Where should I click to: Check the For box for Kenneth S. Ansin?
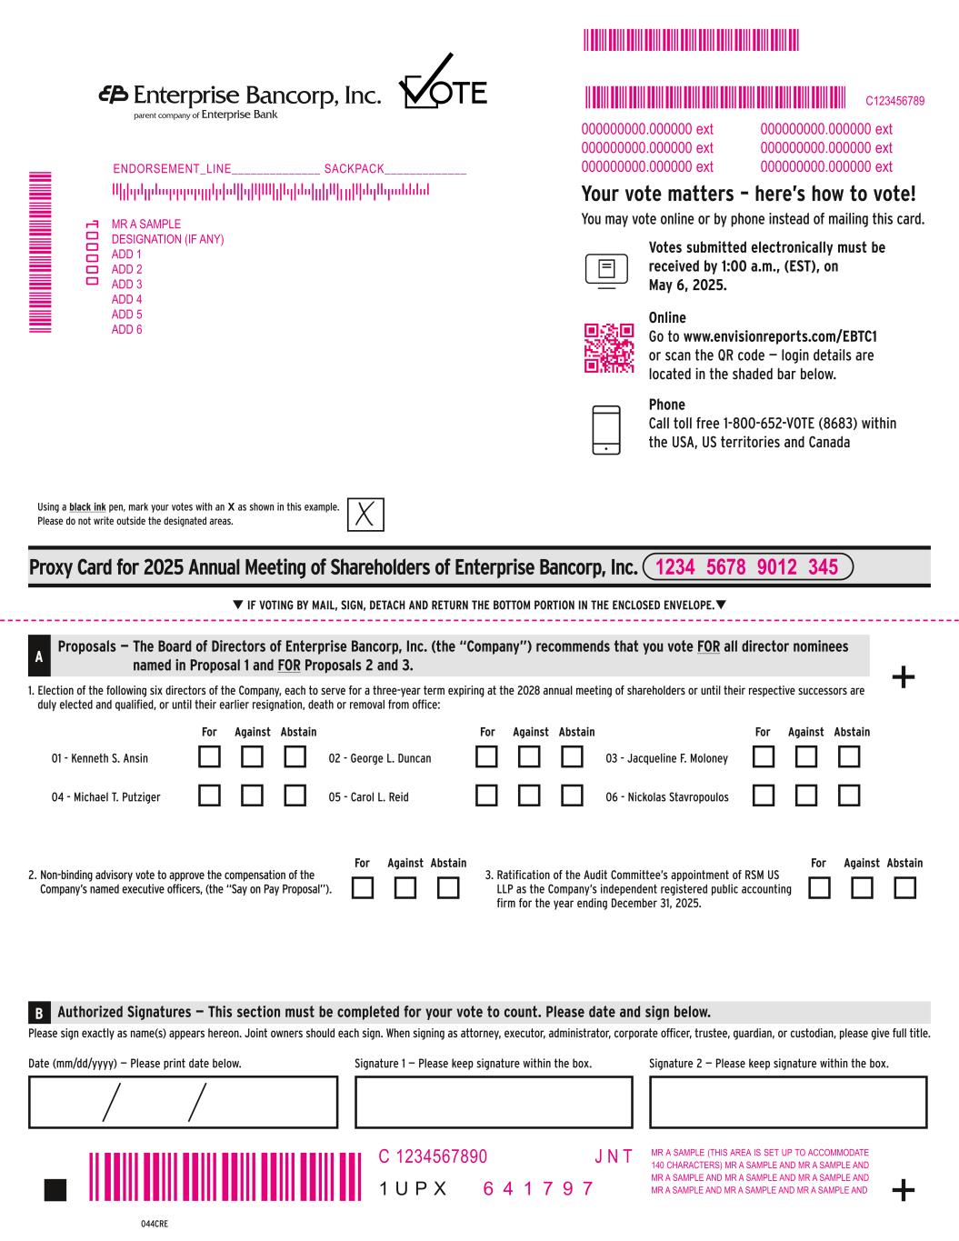[210, 756]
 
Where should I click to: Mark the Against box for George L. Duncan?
[530, 756]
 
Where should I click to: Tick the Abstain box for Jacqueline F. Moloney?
[848, 756]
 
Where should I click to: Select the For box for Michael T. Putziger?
[210, 796]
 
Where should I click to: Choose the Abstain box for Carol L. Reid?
[572, 796]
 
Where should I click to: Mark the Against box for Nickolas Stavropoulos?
[805, 796]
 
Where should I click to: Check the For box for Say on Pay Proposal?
[363, 887]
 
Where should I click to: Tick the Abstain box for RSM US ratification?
[904, 887]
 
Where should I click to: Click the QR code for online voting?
[608, 348]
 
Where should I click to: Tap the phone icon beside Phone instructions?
[606, 430]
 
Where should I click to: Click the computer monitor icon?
[606, 269]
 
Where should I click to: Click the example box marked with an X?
[365, 514]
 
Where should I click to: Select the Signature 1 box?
[493, 1102]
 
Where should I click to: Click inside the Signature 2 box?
[788, 1102]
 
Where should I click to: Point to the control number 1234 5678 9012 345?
[747, 567]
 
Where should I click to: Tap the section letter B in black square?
[38, 1013]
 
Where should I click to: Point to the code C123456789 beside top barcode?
[894, 101]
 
